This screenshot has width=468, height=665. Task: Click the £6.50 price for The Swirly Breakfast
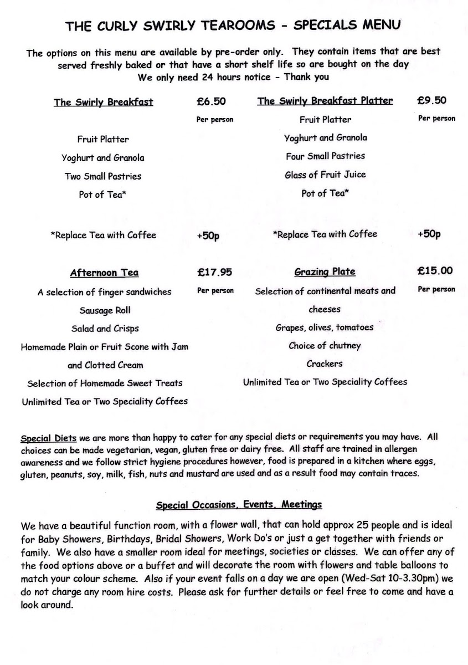pyautogui.click(x=211, y=101)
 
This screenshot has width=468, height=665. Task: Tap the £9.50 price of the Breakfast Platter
pyautogui.click(x=431, y=100)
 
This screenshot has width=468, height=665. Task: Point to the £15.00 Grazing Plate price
pyautogui.click(x=435, y=270)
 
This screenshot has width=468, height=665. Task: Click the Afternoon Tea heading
pyautogui.click(x=104, y=273)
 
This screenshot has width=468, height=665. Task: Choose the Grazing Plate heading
pyautogui.click(x=325, y=272)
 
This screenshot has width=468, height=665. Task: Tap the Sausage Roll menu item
pyautogui.click(x=105, y=310)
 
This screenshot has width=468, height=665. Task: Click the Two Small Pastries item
pyautogui.click(x=102, y=176)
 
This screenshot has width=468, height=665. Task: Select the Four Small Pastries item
pyautogui.click(x=325, y=156)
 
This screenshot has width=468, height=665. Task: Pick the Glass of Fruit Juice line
pyautogui.click(x=325, y=175)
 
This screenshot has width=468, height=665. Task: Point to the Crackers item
pyautogui.click(x=325, y=364)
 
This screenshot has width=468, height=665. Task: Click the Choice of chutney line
pyautogui.click(x=325, y=346)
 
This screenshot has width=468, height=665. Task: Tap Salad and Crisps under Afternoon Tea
pyautogui.click(x=105, y=329)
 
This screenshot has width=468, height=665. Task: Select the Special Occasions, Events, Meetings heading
pyautogui.click(x=239, y=505)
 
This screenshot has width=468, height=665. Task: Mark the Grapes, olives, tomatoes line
pyautogui.click(x=325, y=328)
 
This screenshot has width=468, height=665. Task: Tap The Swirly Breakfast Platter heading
pyautogui.click(x=325, y=101)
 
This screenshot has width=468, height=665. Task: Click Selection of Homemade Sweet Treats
pyautogui.click(x=105, y=383)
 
